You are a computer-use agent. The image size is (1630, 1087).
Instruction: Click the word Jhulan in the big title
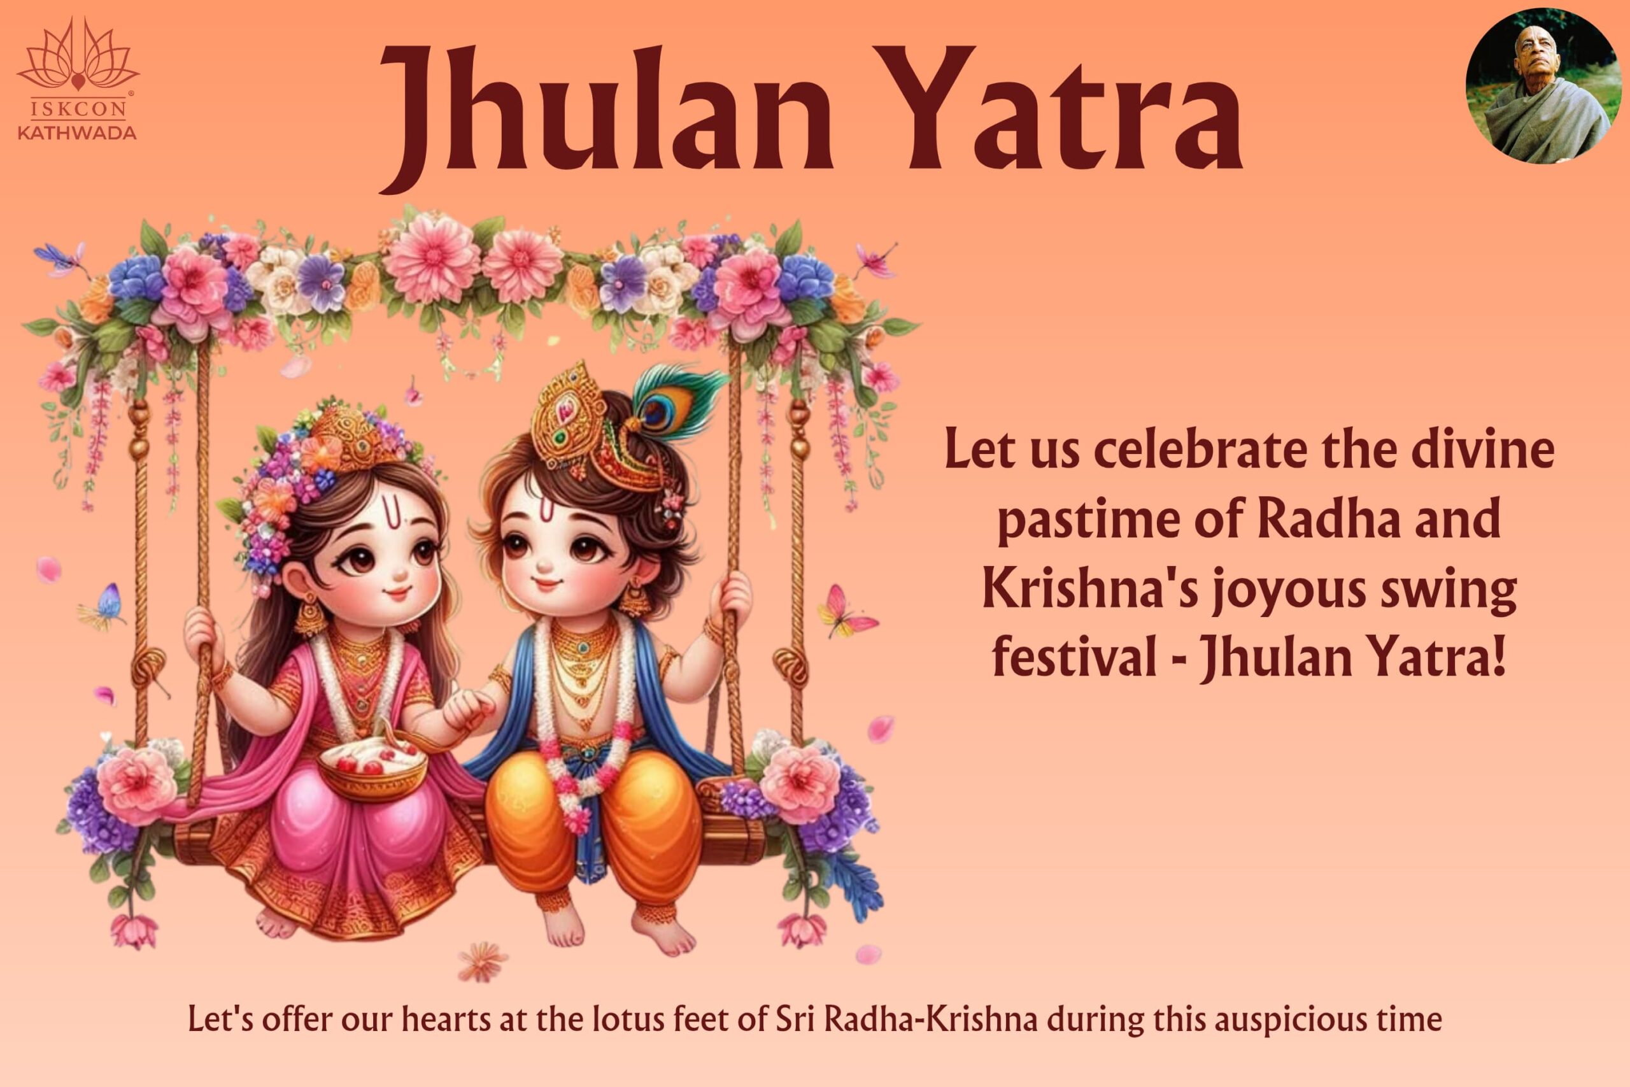pos(606,111)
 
